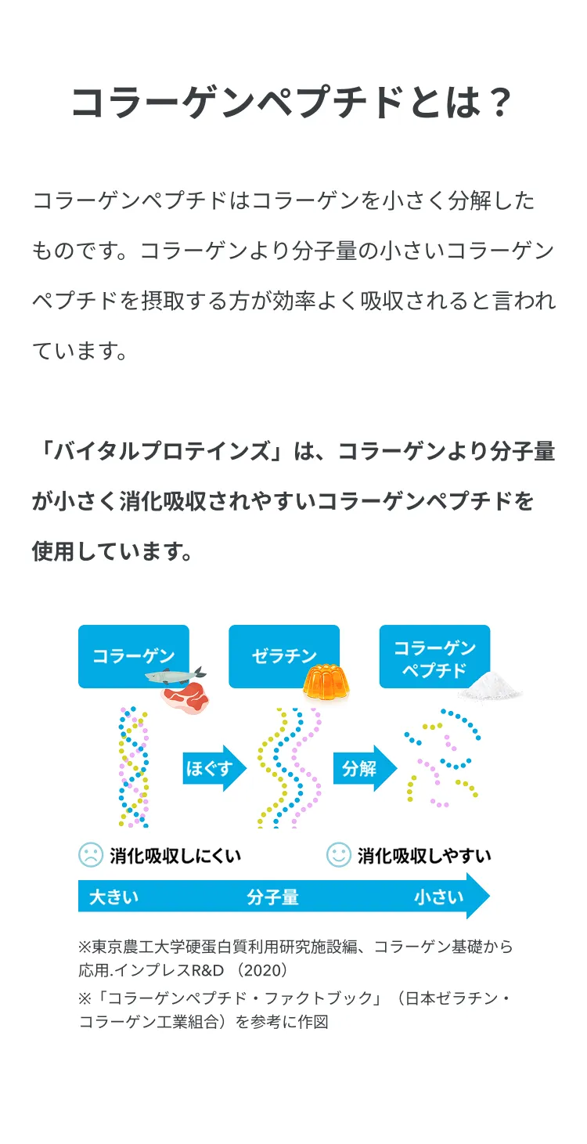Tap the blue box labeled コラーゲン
click(x=133, y=655)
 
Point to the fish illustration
click(x=175, y=675)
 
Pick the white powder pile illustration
click(x=490, y=687)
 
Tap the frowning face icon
click(x=91, y=854)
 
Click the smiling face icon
click(x=339, y=854)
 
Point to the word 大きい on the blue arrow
click(x=114, y=897)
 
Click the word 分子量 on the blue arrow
click(x=272, y=897)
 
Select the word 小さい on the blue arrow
click(x=439, y=897)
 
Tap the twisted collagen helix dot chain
click(x=134, y=767)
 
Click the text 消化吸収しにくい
click(x=175, y=855)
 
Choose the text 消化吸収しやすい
click(x=424, y=855)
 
